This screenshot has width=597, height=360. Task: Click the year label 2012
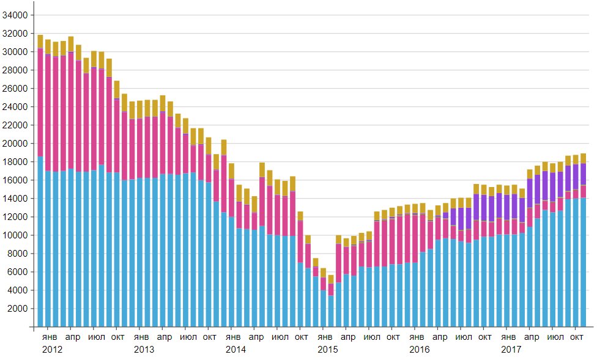pos(52,350)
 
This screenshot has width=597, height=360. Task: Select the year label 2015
pos(327,350)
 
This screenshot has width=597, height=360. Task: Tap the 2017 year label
pos(511,350)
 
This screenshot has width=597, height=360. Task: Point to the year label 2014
pos(235,350)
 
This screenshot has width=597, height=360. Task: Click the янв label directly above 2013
pos(141,337)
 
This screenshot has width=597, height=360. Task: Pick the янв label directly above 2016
pos(416,337)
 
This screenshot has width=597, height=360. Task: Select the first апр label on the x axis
pos(72,337)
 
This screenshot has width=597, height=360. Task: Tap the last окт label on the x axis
pos(576,337)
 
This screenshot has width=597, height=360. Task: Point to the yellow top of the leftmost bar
pos(40,41)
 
